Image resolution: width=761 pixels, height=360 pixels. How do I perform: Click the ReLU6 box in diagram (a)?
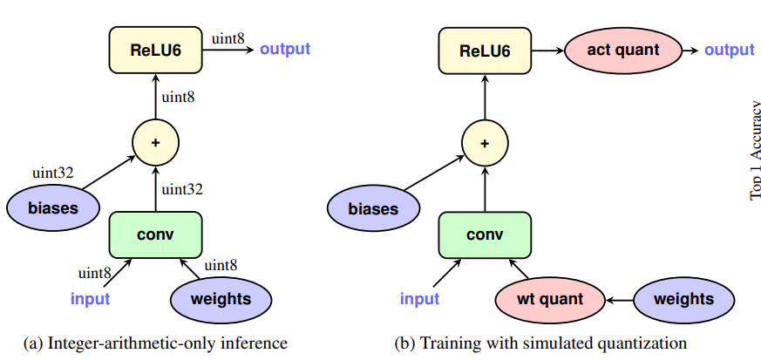[x=155, y=49]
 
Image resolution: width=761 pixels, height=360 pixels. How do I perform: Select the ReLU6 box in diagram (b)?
[x=485, y=49]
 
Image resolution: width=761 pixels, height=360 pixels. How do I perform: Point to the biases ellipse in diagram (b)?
[x=373, y=208]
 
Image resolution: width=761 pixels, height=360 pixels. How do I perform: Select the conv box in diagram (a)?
[x=155, y=234]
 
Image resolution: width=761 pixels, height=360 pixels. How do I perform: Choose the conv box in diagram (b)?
[x=485, y=234]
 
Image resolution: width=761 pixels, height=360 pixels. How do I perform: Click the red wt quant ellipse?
[x=552, y=299]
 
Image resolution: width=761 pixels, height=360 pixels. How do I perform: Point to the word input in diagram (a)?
[x=90, y=299]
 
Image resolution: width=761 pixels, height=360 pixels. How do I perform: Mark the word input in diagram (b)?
[x=419, y=299]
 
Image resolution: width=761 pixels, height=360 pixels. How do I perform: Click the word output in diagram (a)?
[x=284, y=49]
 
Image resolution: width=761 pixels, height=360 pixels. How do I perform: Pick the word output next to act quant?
[x=729, y=50]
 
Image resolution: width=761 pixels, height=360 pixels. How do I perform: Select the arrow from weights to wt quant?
[x=618, y=299]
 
